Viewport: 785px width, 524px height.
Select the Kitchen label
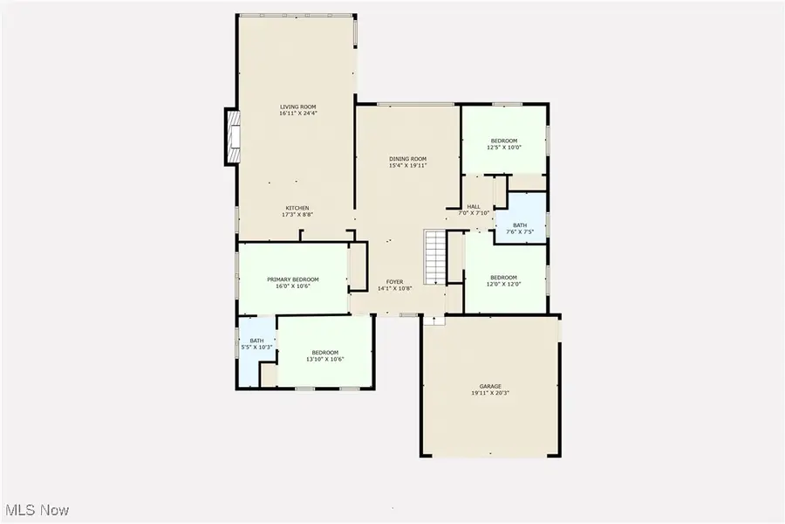tap(297, 207)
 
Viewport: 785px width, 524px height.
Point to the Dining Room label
tap(407, 158)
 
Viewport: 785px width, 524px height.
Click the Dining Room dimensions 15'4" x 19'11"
tap(407, 165)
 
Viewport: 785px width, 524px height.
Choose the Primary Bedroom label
tap(293, 279)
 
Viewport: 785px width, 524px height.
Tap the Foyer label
tap(394, 281)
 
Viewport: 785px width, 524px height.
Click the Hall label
tap(474, 206)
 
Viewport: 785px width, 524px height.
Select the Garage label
tap(490, 386)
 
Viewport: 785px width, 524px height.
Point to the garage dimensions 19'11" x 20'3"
tap(490, 393)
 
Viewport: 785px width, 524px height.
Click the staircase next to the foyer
tap(435, 257)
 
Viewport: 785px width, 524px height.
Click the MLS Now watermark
tap(38, 510)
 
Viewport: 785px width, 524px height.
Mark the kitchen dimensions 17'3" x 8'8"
tap(297, 214)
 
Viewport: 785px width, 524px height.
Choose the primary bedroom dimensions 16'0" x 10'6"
tap(293, 286)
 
